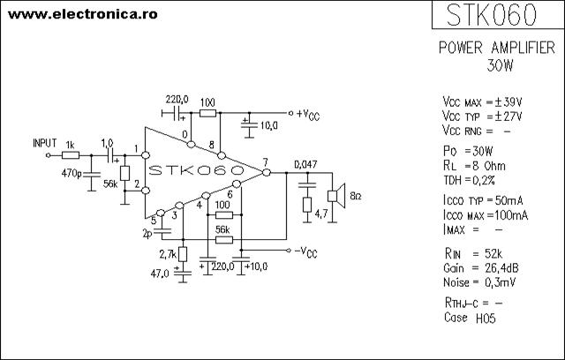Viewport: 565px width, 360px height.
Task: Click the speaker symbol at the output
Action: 336,196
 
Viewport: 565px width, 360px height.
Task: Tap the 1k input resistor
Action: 71,155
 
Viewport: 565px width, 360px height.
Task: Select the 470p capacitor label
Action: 72,174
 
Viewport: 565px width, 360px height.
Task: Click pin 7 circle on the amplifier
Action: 267,172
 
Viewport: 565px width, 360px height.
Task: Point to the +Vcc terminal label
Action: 308,115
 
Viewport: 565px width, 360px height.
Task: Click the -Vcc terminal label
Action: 305,252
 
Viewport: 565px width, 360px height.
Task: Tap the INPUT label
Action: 45,143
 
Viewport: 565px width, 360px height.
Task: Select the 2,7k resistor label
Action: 168,254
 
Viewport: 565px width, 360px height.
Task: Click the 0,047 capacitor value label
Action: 305,164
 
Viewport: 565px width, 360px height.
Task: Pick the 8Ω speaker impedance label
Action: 356,196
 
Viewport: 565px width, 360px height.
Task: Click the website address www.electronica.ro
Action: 82,14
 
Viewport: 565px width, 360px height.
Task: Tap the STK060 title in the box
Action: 492,15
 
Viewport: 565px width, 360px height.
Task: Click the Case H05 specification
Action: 470,318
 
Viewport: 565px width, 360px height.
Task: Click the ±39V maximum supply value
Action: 508,102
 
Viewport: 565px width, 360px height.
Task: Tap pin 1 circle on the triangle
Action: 145,155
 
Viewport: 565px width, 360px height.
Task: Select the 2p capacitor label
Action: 147,235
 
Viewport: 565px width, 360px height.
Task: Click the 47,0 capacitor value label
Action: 160,274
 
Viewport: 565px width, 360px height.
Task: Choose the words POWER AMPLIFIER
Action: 497,48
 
